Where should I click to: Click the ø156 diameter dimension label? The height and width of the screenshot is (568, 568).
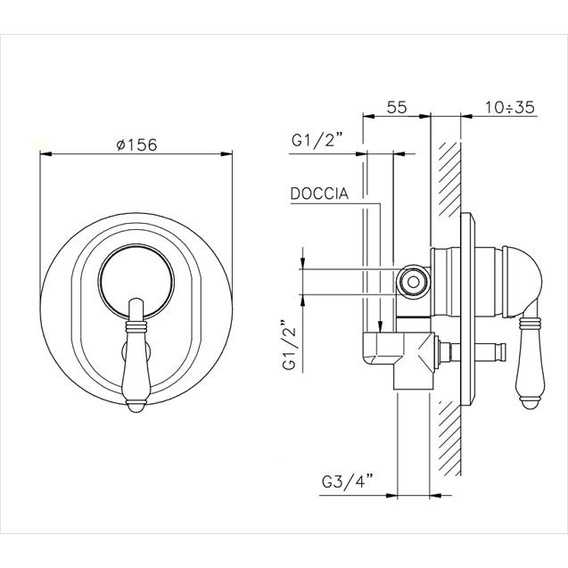point(137,144)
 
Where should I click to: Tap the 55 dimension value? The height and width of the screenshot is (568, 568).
point(397,107)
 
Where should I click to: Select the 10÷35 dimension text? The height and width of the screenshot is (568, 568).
point(510,107)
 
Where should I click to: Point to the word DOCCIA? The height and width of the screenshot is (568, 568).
point(319,193)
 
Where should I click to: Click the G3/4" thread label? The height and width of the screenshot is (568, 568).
point(347,482)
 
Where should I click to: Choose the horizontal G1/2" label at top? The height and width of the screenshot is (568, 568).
point(317,139)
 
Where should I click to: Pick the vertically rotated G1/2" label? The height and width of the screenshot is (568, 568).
point(290,344)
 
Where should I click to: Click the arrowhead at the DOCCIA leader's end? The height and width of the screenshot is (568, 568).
point(380,326)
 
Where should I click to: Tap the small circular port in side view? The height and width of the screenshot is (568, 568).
point(413,282)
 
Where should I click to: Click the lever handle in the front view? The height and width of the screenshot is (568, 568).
point(136,355)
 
